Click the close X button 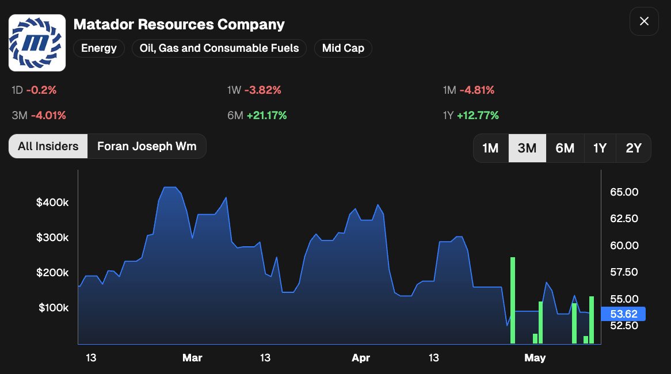[644, 21]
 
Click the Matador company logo [37, 43]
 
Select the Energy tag [99, 48]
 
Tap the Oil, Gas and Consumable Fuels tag [219, 48]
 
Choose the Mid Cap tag [343, 48]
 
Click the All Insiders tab [48, 146]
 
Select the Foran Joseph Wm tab [147, 146]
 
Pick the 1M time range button [490, 148]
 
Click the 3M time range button [527, 148]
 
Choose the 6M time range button [565, 148]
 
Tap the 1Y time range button [600, 148]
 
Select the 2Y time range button [634, 148]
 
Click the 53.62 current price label [623, 314]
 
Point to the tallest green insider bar [513, 300]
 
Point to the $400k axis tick [52, 203]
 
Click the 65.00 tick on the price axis [624, 192]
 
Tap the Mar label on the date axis [192, 358]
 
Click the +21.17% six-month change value [266, 116]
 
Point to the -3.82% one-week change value [263, 90]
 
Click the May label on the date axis [535, 358]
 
